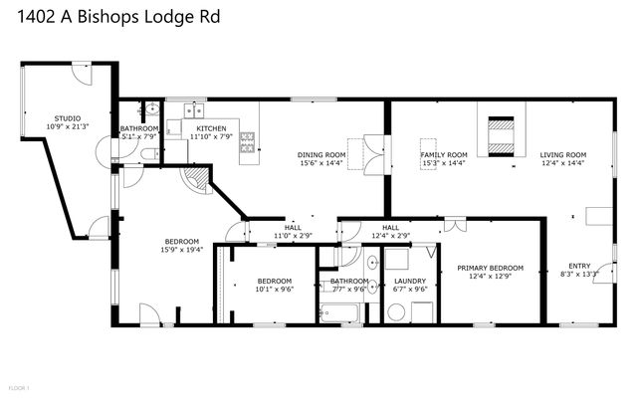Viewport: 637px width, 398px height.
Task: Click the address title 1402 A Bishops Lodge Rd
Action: tap(111, 17)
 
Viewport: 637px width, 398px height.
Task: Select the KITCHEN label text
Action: tap(211, 128)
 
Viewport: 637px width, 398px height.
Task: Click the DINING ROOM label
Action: tap(321, 155)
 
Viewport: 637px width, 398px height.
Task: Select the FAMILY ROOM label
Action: tap(444, 155)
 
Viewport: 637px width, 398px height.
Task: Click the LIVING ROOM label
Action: tap(563, 155)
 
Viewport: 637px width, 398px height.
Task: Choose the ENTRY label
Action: tap(579, 265)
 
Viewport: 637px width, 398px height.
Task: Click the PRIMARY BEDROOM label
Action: tap(490, 269)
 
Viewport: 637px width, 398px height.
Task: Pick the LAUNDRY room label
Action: tap(410, 282)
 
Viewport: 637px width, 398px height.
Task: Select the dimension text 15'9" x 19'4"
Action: tap(182, 250)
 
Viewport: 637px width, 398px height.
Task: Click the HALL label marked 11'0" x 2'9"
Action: tap(293, 228)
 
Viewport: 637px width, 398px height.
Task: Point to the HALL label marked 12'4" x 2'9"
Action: tap(390, 228)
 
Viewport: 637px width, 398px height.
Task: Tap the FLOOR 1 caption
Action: tap(19, 386)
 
